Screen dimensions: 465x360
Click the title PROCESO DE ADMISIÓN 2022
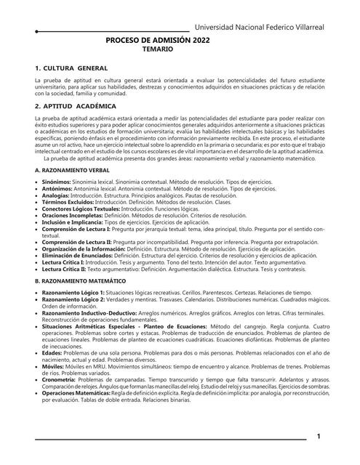tap(158, 43)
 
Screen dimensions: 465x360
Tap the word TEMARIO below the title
tap(158, 52)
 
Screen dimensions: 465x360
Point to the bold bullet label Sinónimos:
tap(57, 182)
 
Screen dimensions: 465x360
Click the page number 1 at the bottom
tap(318, 437)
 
